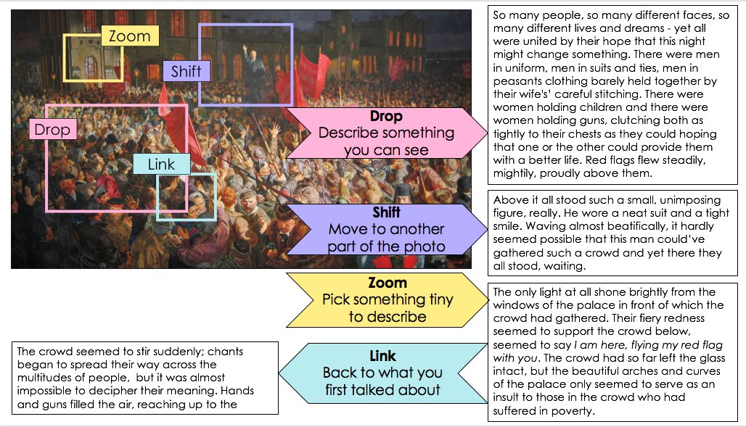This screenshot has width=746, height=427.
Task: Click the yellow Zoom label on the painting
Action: pos(130,36)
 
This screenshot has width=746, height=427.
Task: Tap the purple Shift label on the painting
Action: pos(186,71)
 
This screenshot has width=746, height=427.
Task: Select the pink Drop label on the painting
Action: pos(52,130)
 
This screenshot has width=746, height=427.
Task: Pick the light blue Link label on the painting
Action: pos(161,164)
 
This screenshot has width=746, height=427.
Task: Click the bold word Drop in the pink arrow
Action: pos(386,117)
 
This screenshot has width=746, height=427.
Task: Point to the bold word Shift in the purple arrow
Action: pos(386,213)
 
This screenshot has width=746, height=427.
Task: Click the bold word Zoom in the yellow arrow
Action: pos(387,283)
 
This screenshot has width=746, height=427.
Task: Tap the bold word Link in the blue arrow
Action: pos(382,356)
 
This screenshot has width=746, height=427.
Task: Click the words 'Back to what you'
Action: pos(382,373)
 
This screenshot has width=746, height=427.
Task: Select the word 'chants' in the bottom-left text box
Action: pos(226,352)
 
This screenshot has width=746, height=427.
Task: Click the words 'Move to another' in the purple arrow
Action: pos(386,230)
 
